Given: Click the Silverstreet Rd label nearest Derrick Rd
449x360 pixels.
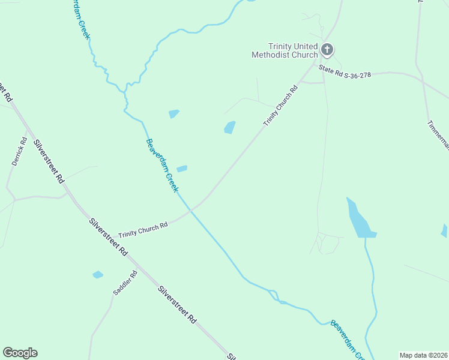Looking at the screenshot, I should [49, 161].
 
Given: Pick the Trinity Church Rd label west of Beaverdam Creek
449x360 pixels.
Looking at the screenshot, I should [143, 230].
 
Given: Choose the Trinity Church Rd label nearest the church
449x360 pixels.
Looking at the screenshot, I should [281, 107].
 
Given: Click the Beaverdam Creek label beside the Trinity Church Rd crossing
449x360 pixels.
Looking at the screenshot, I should [162, 166].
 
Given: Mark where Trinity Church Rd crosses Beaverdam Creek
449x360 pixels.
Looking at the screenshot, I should [191, 211].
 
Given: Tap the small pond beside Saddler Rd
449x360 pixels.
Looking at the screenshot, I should [98, 275].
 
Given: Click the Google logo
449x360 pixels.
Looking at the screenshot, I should [20, 353].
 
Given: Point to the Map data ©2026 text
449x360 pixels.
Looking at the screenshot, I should [423, 355].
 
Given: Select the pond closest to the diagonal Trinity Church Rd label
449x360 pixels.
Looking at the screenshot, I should [229, 127].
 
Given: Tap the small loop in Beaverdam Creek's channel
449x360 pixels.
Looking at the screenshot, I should [274, 295].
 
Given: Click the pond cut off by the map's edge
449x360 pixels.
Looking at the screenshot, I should [444, 230].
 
